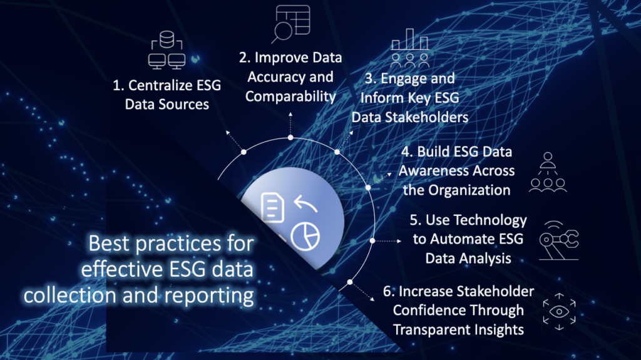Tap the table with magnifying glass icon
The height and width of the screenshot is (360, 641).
(x=290, y=23)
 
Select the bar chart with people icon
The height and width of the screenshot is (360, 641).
(x=409, y=48)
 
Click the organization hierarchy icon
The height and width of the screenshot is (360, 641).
(x=548, y=172)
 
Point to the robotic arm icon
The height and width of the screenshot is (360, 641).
(x=559, y=240)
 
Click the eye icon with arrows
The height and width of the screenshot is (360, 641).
(x=559, y=311)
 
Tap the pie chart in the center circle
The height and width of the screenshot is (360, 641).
(x=305, y=237)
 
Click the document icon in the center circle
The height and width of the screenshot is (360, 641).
(x=273, y=207)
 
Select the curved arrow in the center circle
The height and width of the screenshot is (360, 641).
(x=305, y=203)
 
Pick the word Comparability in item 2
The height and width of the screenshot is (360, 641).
(x=290, y=96)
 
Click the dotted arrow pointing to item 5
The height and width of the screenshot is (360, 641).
(x=387, y=241)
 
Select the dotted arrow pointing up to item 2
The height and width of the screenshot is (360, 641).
(x=290, y=125)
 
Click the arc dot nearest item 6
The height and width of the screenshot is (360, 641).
(x=350, y=282)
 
